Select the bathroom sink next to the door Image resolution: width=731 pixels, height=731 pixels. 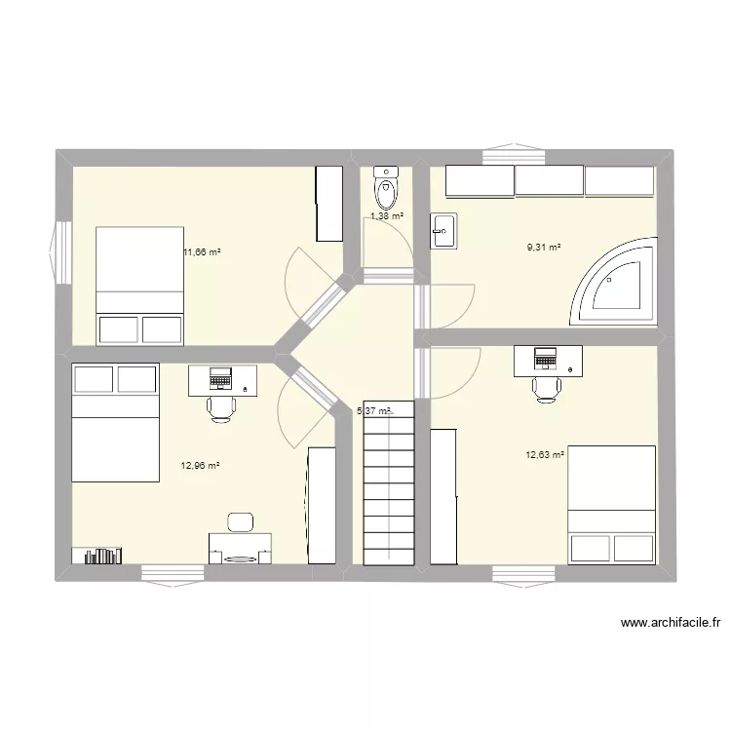click(443, 231)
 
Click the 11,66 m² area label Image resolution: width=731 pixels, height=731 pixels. click(202, 252)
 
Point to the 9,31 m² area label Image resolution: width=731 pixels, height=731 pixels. click(544, 248)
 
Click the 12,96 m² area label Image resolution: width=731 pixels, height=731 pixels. click(201, 466)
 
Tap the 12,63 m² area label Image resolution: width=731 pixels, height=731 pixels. click(545, 453)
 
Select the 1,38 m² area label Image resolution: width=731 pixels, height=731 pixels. click(386, 216)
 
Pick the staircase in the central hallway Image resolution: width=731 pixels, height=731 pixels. click(389, 487)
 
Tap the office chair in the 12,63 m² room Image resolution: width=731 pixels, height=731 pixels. click(547, 387)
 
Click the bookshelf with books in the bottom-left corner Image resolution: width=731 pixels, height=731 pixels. click(98, 556)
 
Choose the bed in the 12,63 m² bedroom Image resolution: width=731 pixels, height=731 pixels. click(611, 504)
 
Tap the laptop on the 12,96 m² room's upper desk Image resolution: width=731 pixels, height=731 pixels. click(219, 377)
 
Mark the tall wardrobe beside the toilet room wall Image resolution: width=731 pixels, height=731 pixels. click(328, 204)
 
